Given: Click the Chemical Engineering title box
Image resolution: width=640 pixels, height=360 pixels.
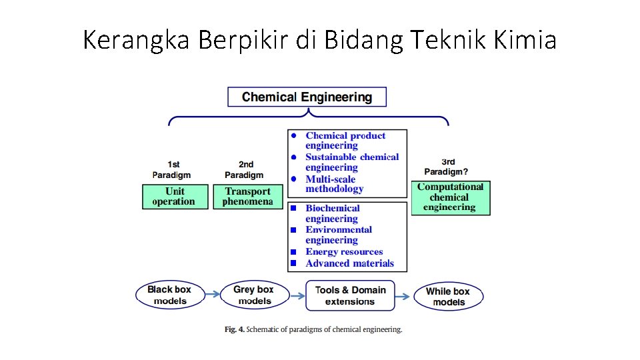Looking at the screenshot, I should click(307, 97).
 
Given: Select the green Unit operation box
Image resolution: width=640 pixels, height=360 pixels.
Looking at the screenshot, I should click(175, 197).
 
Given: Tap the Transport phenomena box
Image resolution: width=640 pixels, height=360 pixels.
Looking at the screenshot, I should click(248, 197).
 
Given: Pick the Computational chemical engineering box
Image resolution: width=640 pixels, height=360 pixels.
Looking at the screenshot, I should click(450, 197).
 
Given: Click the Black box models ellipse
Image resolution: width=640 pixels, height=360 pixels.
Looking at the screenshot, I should click(169, 295).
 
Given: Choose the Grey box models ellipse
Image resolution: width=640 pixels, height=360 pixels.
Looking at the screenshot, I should click(254, 295).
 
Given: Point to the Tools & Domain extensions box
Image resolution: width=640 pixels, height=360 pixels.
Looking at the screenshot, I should click(350, 295).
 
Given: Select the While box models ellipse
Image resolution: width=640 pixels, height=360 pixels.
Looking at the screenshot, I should click(448, 296).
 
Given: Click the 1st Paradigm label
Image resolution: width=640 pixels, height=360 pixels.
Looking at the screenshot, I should click(173, 169).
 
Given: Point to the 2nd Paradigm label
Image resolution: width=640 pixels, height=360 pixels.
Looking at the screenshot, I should click(245, 169).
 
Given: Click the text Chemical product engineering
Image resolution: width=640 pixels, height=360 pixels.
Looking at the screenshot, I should click(345, 141).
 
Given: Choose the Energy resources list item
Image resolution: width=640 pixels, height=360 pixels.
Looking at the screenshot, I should click(344, 252).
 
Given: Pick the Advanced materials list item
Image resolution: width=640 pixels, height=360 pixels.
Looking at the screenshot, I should click(349, 263).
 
